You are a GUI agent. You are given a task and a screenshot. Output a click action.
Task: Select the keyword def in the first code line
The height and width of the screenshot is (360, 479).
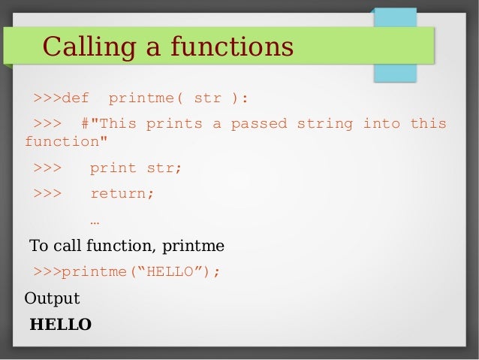tap(75, 98)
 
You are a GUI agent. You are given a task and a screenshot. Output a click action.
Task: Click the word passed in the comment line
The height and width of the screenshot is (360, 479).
tap(259, 123)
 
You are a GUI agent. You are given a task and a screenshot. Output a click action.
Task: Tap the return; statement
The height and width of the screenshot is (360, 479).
tap(122, 193)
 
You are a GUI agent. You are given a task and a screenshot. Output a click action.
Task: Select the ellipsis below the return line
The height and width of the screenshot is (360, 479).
tap(95, 221)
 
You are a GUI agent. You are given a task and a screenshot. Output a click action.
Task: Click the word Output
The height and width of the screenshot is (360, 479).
tap(52, 298)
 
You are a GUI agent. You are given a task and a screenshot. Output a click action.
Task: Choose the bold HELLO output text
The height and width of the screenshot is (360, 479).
tap(60, 325)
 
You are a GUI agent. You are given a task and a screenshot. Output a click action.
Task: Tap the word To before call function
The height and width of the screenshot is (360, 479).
tap(38, 246)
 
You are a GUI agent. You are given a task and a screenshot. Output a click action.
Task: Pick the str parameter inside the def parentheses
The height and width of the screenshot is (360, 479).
tap(208, 98)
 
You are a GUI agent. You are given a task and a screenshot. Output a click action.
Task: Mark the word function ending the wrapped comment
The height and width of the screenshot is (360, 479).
tap(57, 141)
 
